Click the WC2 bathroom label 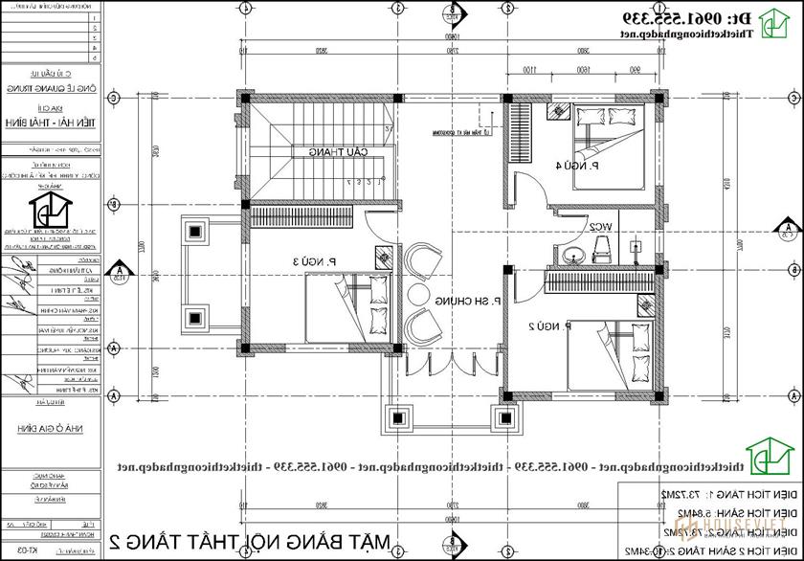tap(601, 226)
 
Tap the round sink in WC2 tap(572, 253)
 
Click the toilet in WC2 tap(603, 250)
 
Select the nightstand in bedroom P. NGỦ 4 tap(556, 111)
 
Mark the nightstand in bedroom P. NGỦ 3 tap(382, 256)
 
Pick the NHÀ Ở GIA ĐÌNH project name tap(57, 429)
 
